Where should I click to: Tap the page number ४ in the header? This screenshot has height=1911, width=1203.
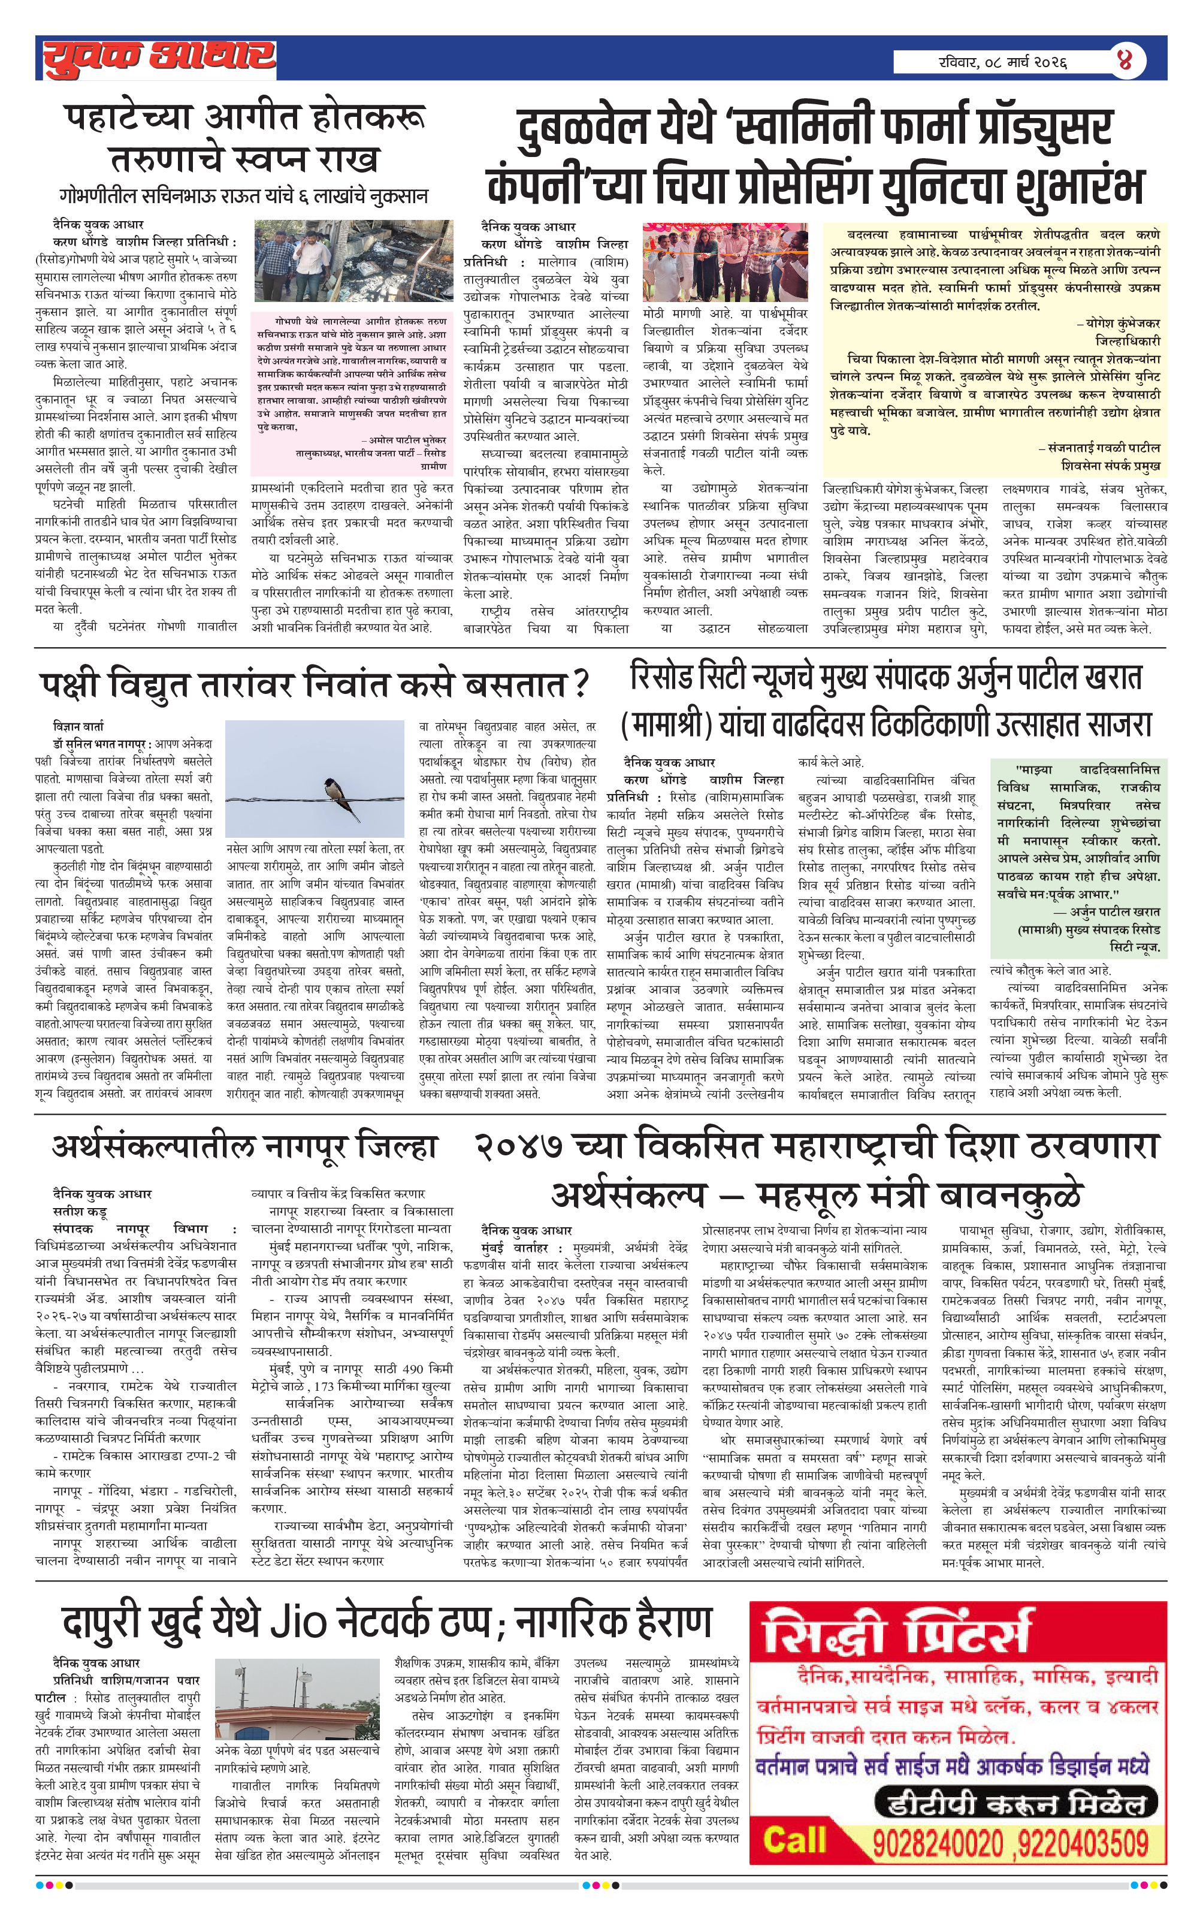(x=1125, y=61)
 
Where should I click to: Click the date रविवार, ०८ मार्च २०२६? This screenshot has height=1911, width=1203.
(x=1002, y=61)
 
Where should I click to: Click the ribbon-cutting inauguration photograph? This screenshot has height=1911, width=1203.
(x=724, y=262)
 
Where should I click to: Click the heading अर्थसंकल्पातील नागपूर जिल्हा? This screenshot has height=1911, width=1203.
(x=244, y=1148)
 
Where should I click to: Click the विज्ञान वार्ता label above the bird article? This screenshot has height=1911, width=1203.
(x=78, y=726)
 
